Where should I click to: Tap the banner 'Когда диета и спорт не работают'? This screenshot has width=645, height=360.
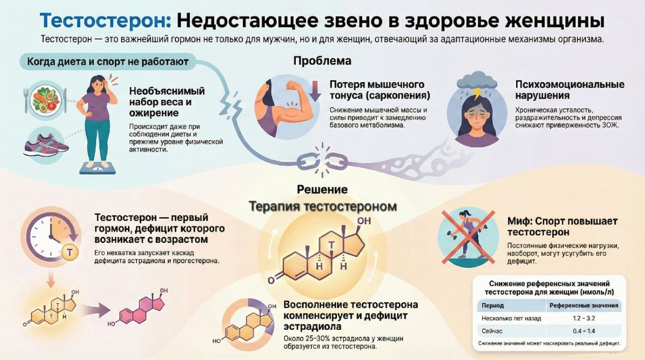[107, 62]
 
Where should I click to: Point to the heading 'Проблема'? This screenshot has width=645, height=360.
[322, 61]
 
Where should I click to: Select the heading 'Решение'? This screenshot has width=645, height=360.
[322, 190]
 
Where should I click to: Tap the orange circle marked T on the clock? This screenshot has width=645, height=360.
[68, 251]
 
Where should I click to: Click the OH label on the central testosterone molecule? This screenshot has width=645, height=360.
[364, 221]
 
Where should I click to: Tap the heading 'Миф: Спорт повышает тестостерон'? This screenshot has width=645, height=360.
[562, 227]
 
